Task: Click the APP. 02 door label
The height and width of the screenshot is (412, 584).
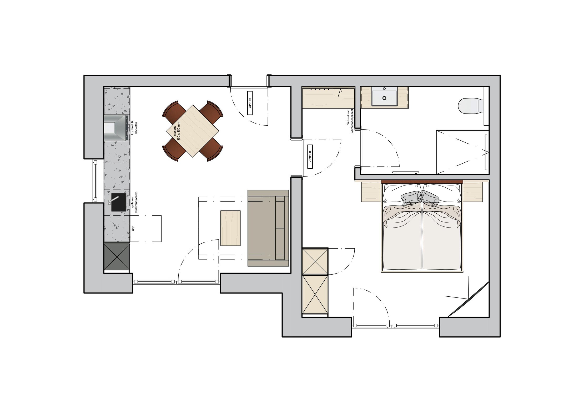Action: (250, 103)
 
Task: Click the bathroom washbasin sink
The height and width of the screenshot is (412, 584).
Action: (384, 98)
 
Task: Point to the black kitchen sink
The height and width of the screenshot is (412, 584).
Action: (119, 202)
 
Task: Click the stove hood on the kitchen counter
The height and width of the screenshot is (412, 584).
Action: (117, 128)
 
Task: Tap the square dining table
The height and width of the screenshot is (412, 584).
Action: (193, 131)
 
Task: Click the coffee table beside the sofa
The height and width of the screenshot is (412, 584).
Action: (230, 228)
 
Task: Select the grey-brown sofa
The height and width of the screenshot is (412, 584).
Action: (268, 228)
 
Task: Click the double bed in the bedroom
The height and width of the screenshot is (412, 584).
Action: (422, 226)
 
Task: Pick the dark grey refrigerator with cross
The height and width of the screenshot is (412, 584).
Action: (117, 257)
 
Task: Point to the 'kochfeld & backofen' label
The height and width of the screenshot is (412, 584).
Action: (134, 127)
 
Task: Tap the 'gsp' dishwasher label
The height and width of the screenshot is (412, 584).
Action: (133, 228)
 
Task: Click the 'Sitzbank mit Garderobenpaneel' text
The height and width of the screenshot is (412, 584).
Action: (350, 121)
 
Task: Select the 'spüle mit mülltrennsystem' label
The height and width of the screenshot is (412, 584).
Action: (134, 202)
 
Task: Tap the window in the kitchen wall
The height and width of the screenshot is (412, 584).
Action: (95, 181)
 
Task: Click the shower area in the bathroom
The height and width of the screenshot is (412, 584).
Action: (462, 152)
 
